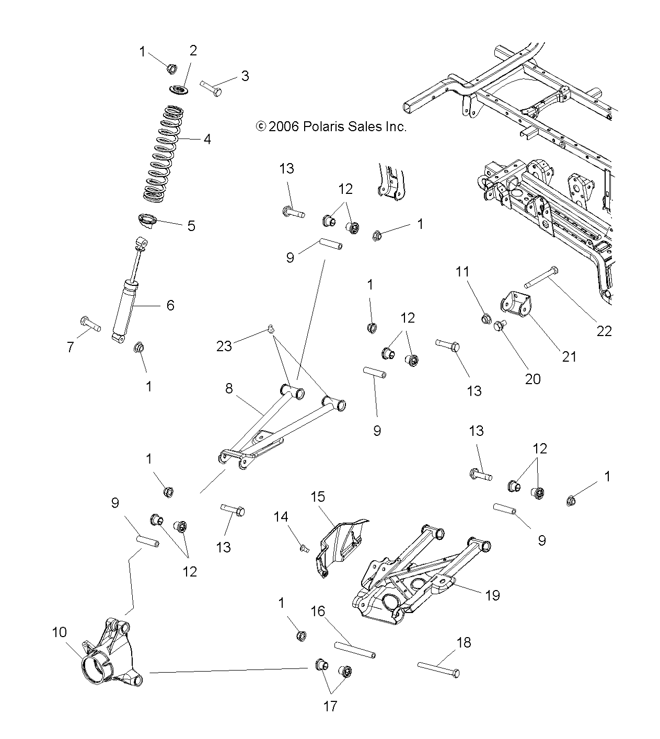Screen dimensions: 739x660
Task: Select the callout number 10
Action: click(x=60, y=632)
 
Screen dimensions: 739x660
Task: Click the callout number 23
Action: click(x=224, y=346)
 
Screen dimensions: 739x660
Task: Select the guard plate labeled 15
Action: click(x=339, y=544)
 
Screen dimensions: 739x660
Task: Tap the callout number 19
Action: click(x=492, y=595)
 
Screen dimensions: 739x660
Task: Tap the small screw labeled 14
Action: click(x=304, y=548)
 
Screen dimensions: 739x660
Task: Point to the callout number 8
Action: click(x=229, y=388)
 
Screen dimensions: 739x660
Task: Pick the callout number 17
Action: click(x=330, y=706)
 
